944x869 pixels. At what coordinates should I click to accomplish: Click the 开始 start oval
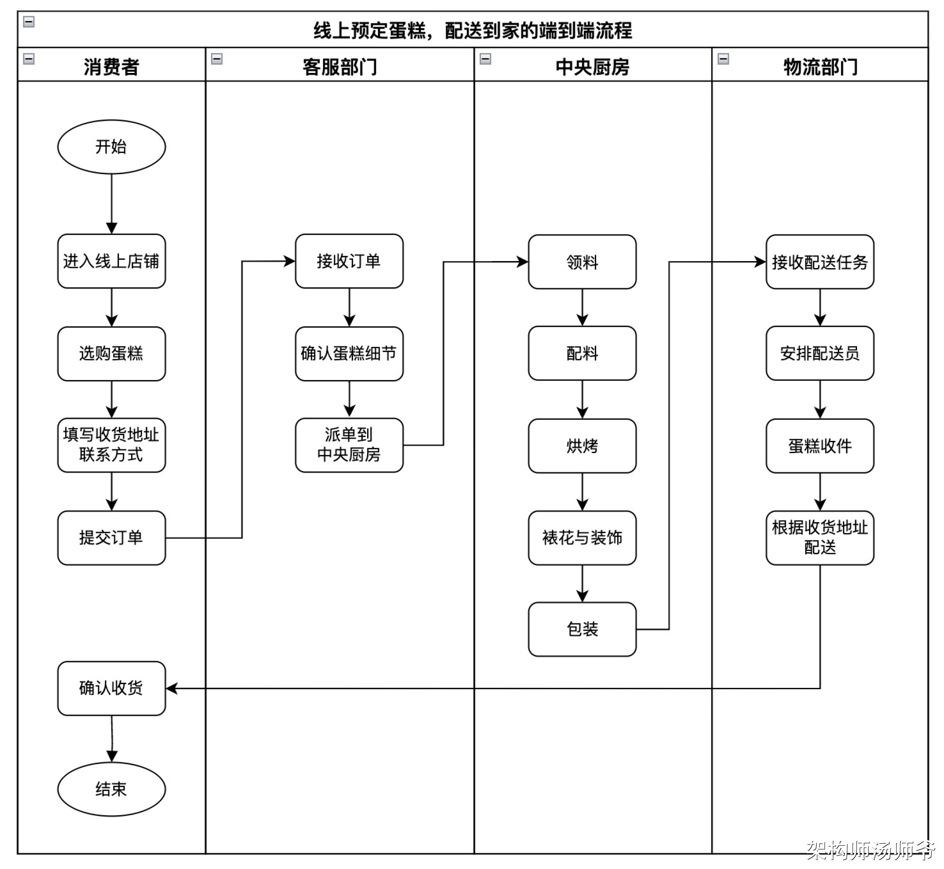tap(111, 147)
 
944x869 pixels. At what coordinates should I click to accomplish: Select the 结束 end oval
tap(111, 789)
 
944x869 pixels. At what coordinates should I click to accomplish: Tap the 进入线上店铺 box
tap(111, 261)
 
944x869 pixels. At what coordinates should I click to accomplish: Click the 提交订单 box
tap(111, 537)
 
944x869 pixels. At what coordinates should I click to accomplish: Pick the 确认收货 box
tap(111, 688)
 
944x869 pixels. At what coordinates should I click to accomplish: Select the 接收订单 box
tap(349, 261)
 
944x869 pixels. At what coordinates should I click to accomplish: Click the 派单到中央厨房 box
tap(349, 445)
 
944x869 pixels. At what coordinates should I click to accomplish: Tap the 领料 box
tap(582, 262)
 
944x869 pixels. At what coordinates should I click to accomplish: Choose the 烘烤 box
tap(582, 446)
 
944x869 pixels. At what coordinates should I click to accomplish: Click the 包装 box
tap(582, 629)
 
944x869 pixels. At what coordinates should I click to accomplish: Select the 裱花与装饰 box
tap(582, 537)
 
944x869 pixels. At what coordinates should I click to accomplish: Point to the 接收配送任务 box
tap(819, 262)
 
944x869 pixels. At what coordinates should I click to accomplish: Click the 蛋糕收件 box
tap(819, 446)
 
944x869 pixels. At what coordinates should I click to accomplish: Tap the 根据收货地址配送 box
tap(819, 537)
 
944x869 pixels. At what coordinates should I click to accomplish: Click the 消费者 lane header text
tap(111, 67)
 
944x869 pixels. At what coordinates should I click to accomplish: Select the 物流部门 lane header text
tap(820, 67)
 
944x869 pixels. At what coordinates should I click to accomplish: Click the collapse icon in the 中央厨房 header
tap(486, 59)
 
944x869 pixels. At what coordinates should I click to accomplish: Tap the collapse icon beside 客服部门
tap(217, 59)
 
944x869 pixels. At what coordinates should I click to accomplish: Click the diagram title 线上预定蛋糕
tap(473, 31)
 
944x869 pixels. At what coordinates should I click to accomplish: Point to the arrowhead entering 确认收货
tap(171, 688)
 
